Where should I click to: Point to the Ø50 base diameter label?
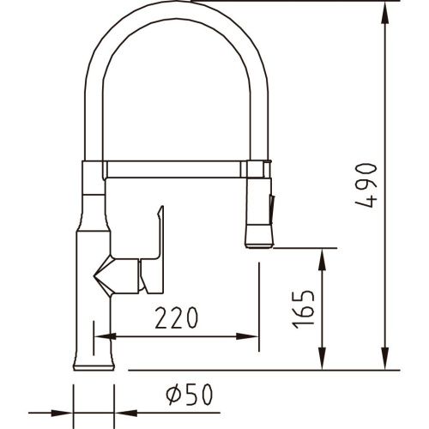coord(189,396)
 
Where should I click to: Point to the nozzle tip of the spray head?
coord(260,244)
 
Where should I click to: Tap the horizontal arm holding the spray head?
coord(176,164)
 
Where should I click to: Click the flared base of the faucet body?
coord(94,351)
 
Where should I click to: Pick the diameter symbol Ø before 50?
coord(172,396)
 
